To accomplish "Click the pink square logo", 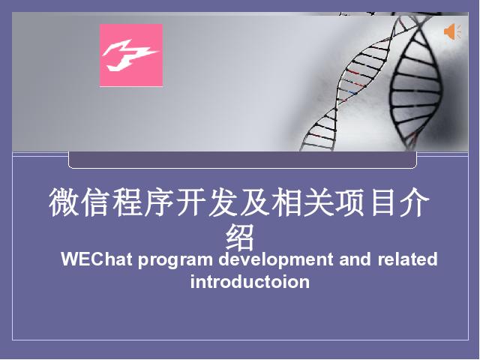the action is tap(131, 55).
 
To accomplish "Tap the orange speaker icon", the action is tap(452, 32).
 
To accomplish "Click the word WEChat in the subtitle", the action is tap(97, 259).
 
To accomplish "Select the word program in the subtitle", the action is tap(175, 260).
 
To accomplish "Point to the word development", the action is tap(276, 260).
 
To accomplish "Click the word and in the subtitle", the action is tap(355, 259).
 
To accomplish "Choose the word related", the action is tap(407, 259).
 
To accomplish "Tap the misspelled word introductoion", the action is tap(250, 281).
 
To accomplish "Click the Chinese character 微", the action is tap(63, 202).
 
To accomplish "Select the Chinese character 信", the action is tap(95, 202).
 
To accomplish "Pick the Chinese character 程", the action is tap(127, 202).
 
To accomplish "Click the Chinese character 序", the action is tap(159, 202).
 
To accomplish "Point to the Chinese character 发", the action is tap(223, 202).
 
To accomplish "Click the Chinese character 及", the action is tap(255, 202).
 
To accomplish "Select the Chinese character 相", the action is tap(286, 202).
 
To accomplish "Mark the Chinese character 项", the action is tap(350, 202).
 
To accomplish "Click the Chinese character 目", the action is tap(382, 202).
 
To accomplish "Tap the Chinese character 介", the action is tap(414, 202).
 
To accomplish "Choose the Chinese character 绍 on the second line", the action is tap(240, 237).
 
